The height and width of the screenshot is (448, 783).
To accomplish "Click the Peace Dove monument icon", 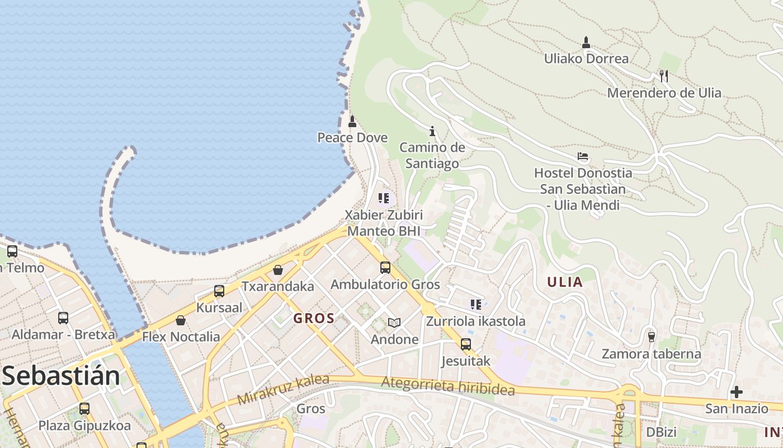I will click(x=352, y=122).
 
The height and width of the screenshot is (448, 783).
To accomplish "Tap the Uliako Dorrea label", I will click(x=586, y=58).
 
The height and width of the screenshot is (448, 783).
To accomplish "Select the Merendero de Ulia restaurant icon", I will click(x=664, y=76).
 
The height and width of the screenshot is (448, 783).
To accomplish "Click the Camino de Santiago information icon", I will click(x=432, y=132).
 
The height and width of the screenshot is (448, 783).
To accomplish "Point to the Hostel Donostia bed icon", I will click(x=583, y=156).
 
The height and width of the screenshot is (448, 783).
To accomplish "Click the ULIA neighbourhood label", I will click(x=565, y=282).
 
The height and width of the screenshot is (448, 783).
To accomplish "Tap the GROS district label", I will click(x=314, y=319).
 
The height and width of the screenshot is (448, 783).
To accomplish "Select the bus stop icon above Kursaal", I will click(x=219, y=291).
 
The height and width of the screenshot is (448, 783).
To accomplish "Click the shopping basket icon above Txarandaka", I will click(x=278, y=270).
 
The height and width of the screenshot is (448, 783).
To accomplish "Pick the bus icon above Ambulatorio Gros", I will click(x=385, y=268).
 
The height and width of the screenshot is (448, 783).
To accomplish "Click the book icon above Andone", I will click(x=394, y=323).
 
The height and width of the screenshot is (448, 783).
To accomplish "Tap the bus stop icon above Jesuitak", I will click(x=466, y=344).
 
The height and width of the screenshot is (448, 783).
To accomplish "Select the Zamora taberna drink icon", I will click(x=651, y=337).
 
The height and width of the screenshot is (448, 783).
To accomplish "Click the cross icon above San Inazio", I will click(x=737, y=392).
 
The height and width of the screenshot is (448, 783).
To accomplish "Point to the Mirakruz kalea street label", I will click(x=283, y=390).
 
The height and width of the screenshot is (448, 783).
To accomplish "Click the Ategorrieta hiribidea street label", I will click(x=447, y=386).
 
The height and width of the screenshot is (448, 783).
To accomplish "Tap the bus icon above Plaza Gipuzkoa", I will click(x=84, y=409).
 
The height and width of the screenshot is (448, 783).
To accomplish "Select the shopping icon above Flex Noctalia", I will click(x=181, y=320).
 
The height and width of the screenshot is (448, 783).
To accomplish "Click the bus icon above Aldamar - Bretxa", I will click(x=63, y=318).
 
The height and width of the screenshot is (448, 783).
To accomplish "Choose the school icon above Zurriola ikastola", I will click(x=476, y=305).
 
